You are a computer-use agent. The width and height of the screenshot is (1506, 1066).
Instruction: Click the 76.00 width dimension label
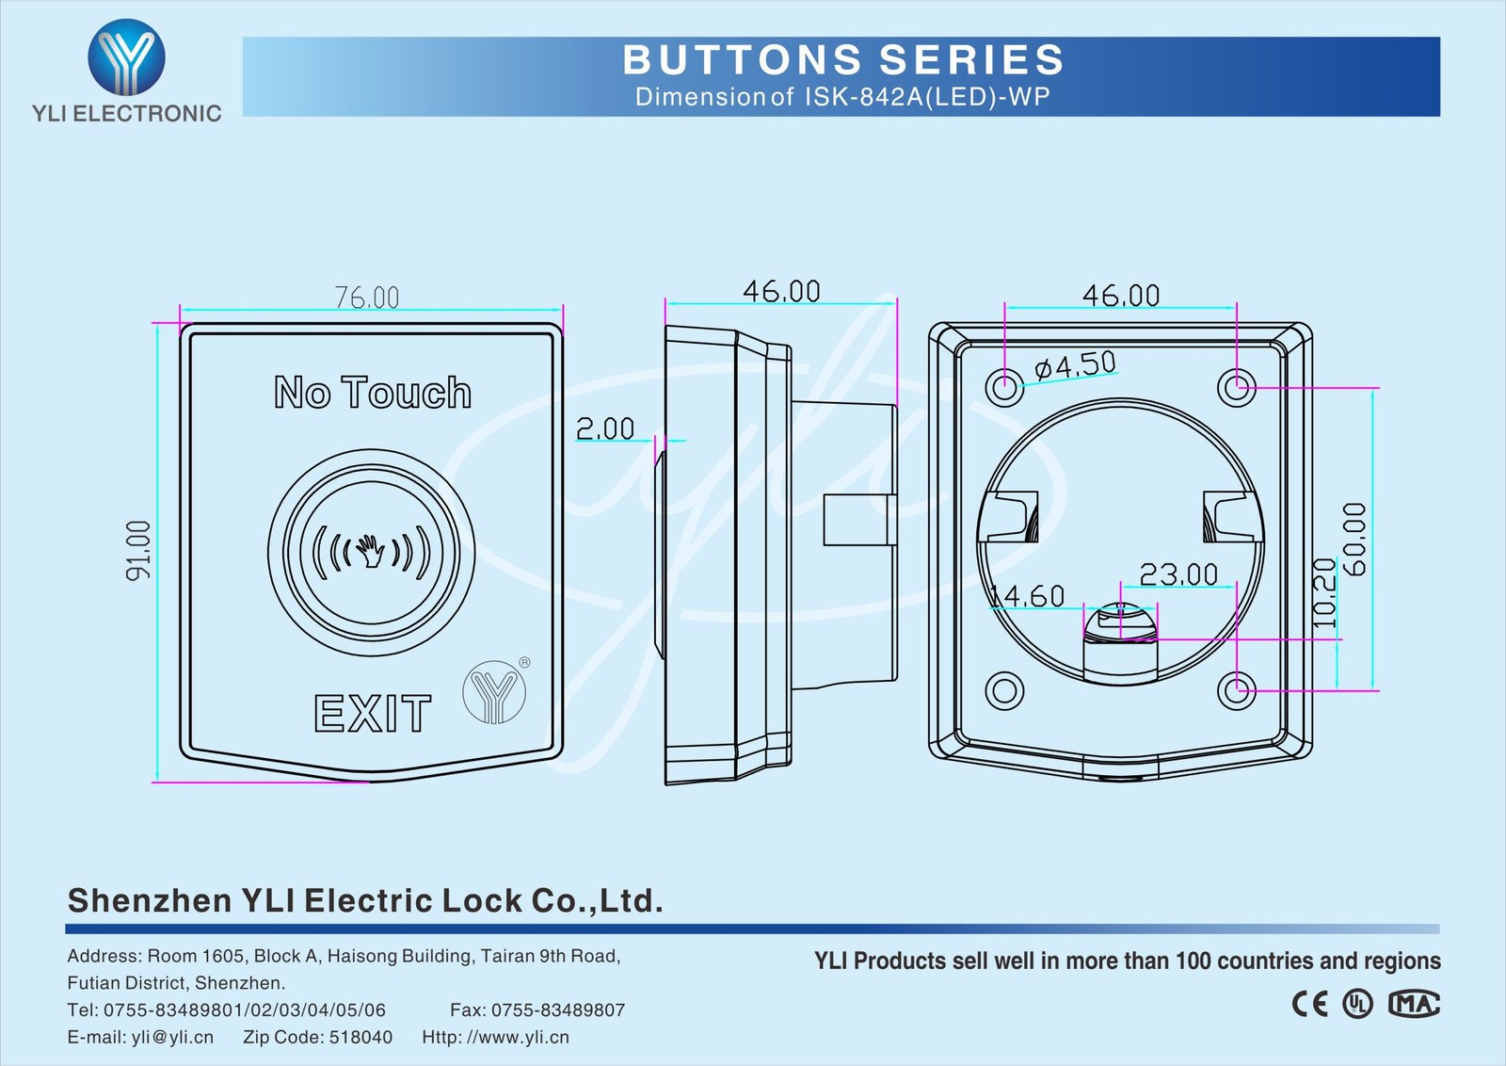pyautogui.click(x=367, y=298)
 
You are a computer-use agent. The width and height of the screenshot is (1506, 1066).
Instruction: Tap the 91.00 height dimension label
pyautogui.click(x=138, y=550)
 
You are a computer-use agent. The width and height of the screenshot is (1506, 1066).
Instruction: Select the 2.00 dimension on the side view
pyautogui.click(x=605, y=428)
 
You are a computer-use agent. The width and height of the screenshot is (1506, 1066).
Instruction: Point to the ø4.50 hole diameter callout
pyautogui.click(x=1075, y=364)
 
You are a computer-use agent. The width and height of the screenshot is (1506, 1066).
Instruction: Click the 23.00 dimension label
pyautogui.click(x=1178, y=573)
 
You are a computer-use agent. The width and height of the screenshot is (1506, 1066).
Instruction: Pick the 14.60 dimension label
pyautogui.click(x=1028, y=596)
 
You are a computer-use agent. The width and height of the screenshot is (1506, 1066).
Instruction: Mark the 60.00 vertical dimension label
pyautogui.click(x=1354, y=539)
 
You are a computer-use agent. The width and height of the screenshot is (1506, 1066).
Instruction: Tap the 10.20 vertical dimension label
pyautogui.click(x=1324, y=593)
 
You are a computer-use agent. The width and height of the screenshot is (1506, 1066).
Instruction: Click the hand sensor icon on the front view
pyautogui.click(x=372, y=553)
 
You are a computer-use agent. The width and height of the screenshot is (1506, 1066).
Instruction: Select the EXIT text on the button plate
pyautogui.click(x=373, y=714)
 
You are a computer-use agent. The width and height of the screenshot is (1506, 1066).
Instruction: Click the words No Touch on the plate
pyautogui.click(x=373, y=392)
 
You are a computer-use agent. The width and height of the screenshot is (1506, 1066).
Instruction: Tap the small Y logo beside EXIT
pyautogui.click(x=494, y=692)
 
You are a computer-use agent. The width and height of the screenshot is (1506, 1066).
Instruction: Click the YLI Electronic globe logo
pyautogui.click(x=126, y=58)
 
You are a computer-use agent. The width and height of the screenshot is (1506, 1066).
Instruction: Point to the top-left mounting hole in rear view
pyautogui.click(x=1004, y=386)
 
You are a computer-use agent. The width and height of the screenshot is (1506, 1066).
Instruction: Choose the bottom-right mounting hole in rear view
pyautogui.click(x=1236, y=690)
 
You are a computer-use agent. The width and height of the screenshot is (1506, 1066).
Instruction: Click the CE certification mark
pyautogui.click(x=1309, y=1004)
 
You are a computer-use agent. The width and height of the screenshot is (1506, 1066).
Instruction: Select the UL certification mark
pyautogui.click(x=1357, y=1004)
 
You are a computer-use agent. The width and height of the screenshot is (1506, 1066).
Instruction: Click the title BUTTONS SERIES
pyautogui.click(x=843, y=60)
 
